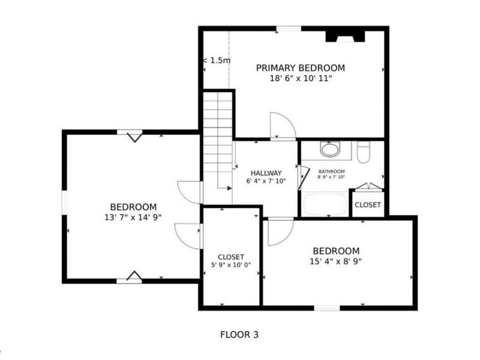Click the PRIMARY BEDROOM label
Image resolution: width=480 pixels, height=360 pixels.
click(x=300, y=68)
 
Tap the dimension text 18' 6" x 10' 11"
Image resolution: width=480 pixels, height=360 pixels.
click(x=300, y=78)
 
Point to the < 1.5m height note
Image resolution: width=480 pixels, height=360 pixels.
click(x=217, y=60)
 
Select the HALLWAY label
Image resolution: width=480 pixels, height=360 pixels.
click(x=266, y=173)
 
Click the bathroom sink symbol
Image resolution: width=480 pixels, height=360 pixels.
click(x=329, y=149)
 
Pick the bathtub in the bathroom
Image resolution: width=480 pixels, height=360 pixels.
click(x=323, y=204)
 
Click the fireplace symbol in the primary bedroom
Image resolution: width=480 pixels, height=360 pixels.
click(x=345, y=36)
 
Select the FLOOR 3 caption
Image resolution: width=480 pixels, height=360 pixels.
click(x=239, y=334)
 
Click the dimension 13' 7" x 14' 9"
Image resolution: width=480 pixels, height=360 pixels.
click(x=133, y=217)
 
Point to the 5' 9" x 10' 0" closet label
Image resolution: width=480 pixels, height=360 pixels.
click(x=230, y=265)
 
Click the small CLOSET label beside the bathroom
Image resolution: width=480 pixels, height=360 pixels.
click(x=367, y=205)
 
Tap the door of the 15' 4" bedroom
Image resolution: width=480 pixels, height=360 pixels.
click(x=280, y=232)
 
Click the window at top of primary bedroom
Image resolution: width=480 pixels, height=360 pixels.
click(x=289, y=28)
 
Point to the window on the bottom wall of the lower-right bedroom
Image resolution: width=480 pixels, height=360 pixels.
click(x=327, y=308)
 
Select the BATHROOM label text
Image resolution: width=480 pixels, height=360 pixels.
click(x=331, y=171)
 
